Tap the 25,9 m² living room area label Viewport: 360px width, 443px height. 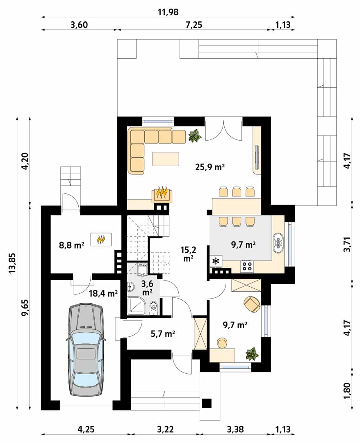coord(210,167)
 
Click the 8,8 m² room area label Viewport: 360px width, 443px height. coord(71,245)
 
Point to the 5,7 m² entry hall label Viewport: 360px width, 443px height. coord(163,334)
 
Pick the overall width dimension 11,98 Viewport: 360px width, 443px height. coord(168,12)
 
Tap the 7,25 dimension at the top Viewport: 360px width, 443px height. coord(194,25)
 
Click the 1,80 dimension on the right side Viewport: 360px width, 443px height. coord(348,390)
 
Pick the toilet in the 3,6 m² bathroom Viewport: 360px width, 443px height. coord(154,307)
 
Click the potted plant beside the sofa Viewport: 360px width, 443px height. coord(194,136)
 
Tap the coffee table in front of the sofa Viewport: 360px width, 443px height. coord(166,159)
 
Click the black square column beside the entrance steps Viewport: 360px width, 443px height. coord(207,404)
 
